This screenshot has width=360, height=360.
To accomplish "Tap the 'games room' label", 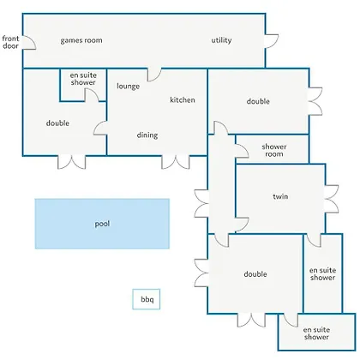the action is (x=81, y=40).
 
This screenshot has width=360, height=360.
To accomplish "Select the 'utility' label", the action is (x=221, y=40).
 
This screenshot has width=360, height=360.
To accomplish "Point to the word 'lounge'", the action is (x=128, y=87).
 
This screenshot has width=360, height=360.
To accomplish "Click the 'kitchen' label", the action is (x=183, y=99).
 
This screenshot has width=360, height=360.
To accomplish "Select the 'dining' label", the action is (x=147, y=135).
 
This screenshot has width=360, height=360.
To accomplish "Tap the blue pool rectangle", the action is (x=102, y=224).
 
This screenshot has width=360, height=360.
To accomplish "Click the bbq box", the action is (x=147, y=299).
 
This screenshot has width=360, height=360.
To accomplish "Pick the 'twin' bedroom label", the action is (x=280, y=196).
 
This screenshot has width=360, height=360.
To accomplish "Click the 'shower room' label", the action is (x=274, y=150).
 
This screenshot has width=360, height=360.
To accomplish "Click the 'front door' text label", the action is (x=10, y=42).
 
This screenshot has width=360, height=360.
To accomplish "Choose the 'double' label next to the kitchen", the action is (x=258, y=101).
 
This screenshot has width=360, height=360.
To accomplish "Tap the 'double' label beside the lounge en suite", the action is (x=57, y=123).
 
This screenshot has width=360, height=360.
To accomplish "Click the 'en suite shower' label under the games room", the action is (x=83, y=79).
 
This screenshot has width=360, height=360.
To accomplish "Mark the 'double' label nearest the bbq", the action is (x=255, y=274).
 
